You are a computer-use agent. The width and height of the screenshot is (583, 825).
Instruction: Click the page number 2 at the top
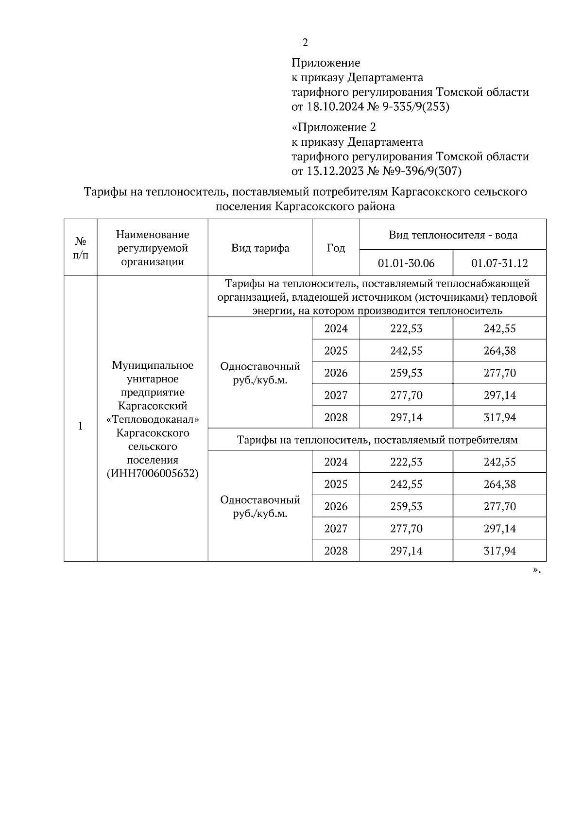coord(305,43)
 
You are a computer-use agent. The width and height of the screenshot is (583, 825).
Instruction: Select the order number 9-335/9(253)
coord(416,106)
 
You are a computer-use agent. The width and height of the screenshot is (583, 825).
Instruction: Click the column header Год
coord(336,248)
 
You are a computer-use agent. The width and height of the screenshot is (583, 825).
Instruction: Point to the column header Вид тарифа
coord(260,248)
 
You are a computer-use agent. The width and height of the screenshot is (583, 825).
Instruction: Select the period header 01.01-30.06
coord(406,263)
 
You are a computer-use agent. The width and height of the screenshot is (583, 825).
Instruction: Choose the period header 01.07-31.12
coord(499,263)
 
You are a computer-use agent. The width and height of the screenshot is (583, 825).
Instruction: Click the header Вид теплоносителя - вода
coord(453,235)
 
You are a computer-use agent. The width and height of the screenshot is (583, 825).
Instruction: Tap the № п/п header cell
coord(81,248)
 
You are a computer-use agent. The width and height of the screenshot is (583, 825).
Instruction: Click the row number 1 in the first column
coord(81,426)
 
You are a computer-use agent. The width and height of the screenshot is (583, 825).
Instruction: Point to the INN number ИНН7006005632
coord(153,473)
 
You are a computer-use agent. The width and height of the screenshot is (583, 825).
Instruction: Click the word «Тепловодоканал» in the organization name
coord(153,419)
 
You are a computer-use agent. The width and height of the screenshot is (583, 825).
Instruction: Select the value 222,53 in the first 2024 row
coord(406,328)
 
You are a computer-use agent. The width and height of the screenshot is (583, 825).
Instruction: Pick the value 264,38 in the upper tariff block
coord(499,351)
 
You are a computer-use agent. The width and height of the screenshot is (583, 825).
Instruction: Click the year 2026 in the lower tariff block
coord(336,506)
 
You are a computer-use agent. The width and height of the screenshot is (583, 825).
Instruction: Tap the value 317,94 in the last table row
coord(499,551)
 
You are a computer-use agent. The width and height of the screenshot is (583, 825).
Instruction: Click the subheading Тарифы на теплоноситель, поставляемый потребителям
coord(377,440)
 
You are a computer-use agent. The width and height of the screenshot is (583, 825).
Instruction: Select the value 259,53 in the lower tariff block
coord(406,506)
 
